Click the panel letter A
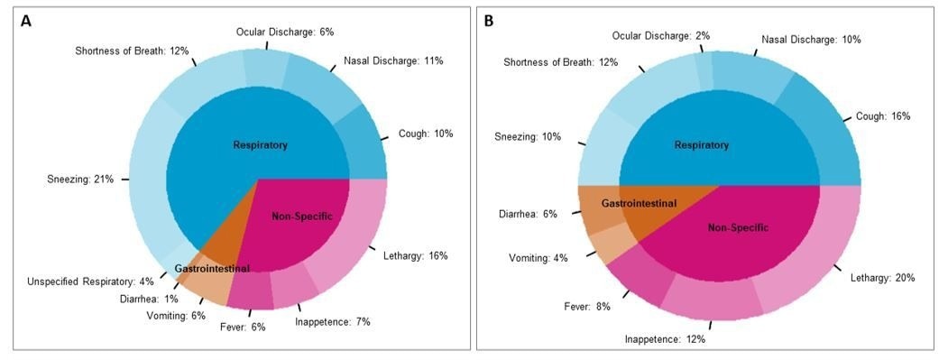point(27,20)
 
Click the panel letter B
point(489,20)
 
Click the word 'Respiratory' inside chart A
point(260,144)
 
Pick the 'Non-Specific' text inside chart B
point(739,227)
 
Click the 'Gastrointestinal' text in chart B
point(639,205)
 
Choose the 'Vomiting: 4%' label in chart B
point(538,258)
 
